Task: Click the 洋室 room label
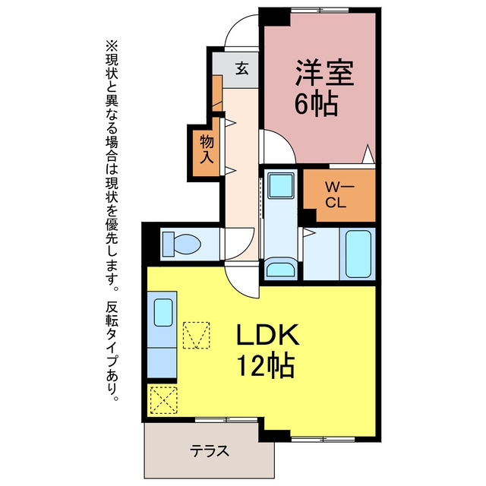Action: pos(324,73)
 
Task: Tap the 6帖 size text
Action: pos(316,103)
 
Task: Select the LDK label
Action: pos(268,334)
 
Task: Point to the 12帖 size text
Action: pos(266,364)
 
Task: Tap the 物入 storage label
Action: pos(207,150)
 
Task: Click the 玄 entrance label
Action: pos(242,68)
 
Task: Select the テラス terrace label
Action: pos(210,451)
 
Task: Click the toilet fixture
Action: pos(181,245)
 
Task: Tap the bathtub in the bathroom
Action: pos(358,254)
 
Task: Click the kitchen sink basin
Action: pos(163,312)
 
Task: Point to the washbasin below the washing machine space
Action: pos(280,269)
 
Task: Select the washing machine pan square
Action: pos(281,185)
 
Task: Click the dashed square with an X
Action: pos(164,400)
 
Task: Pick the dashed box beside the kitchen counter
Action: pos(196,336)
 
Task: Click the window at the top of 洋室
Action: pos(320,10)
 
